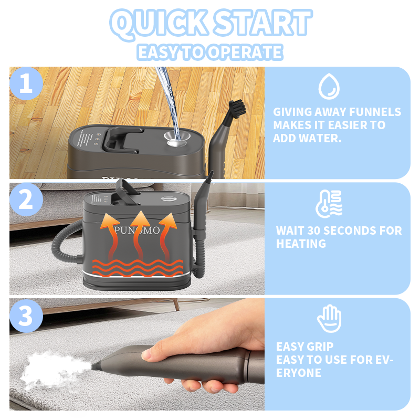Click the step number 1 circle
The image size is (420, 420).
click(x=26, y=83)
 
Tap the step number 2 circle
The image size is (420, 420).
click(x=26, y=199)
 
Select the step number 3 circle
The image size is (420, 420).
click(x=26, y=316)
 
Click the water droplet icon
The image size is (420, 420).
click(x=329, y=86)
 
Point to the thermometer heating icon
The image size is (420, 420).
click(x=329, y=204)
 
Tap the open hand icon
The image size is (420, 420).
click(x=329, y=318)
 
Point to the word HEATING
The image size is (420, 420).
click(x=301, y=244)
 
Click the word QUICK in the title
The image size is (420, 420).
click(x=159, y=24)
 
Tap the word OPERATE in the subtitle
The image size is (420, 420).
click(x=246, y=52)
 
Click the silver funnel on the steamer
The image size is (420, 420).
click(x=176, y=139)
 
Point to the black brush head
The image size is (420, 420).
click(x=237, y=107)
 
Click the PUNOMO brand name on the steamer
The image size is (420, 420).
click(x=137, y=230)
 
